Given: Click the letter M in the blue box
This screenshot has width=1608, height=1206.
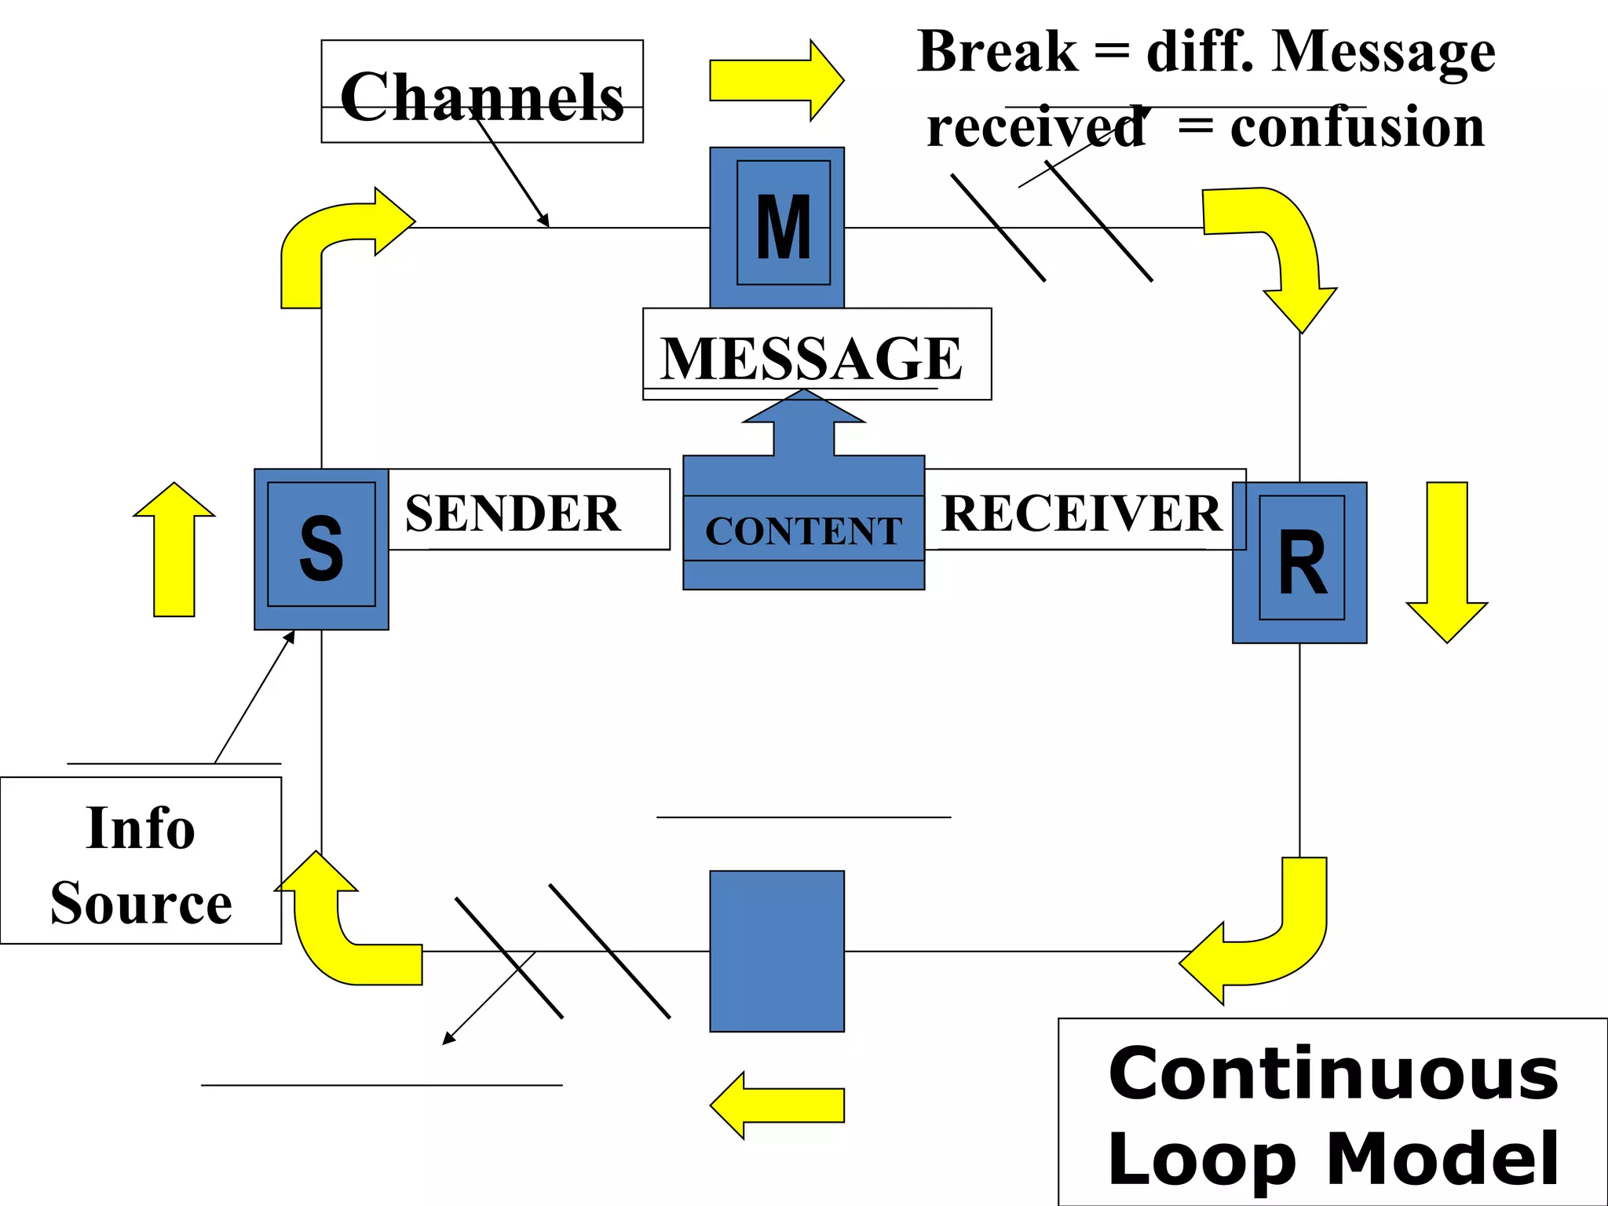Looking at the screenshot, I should (783, 227).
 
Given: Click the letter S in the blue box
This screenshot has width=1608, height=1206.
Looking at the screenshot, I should (321, 549).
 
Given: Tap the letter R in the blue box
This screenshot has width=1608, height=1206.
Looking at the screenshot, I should (1302, 562).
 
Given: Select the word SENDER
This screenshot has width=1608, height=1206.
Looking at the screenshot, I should (513, 513).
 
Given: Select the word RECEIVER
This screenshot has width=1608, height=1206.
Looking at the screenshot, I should (1081, 513).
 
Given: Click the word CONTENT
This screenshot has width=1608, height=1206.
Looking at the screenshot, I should (803, 532).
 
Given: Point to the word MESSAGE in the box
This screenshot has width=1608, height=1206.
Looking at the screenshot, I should (811, 358).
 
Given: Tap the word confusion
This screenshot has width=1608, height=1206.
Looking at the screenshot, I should (1357, 127).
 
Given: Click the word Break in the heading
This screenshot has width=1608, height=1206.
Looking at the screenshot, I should (997, 53).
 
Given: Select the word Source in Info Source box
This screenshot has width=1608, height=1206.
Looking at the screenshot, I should (141, 903).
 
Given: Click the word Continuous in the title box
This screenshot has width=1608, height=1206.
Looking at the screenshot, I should (1332, 1074).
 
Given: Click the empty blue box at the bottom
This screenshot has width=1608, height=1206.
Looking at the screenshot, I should (777, 951).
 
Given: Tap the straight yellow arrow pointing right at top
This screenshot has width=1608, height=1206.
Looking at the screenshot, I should (773, 80).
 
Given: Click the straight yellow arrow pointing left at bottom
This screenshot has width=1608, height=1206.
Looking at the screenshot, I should (777, 1105).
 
